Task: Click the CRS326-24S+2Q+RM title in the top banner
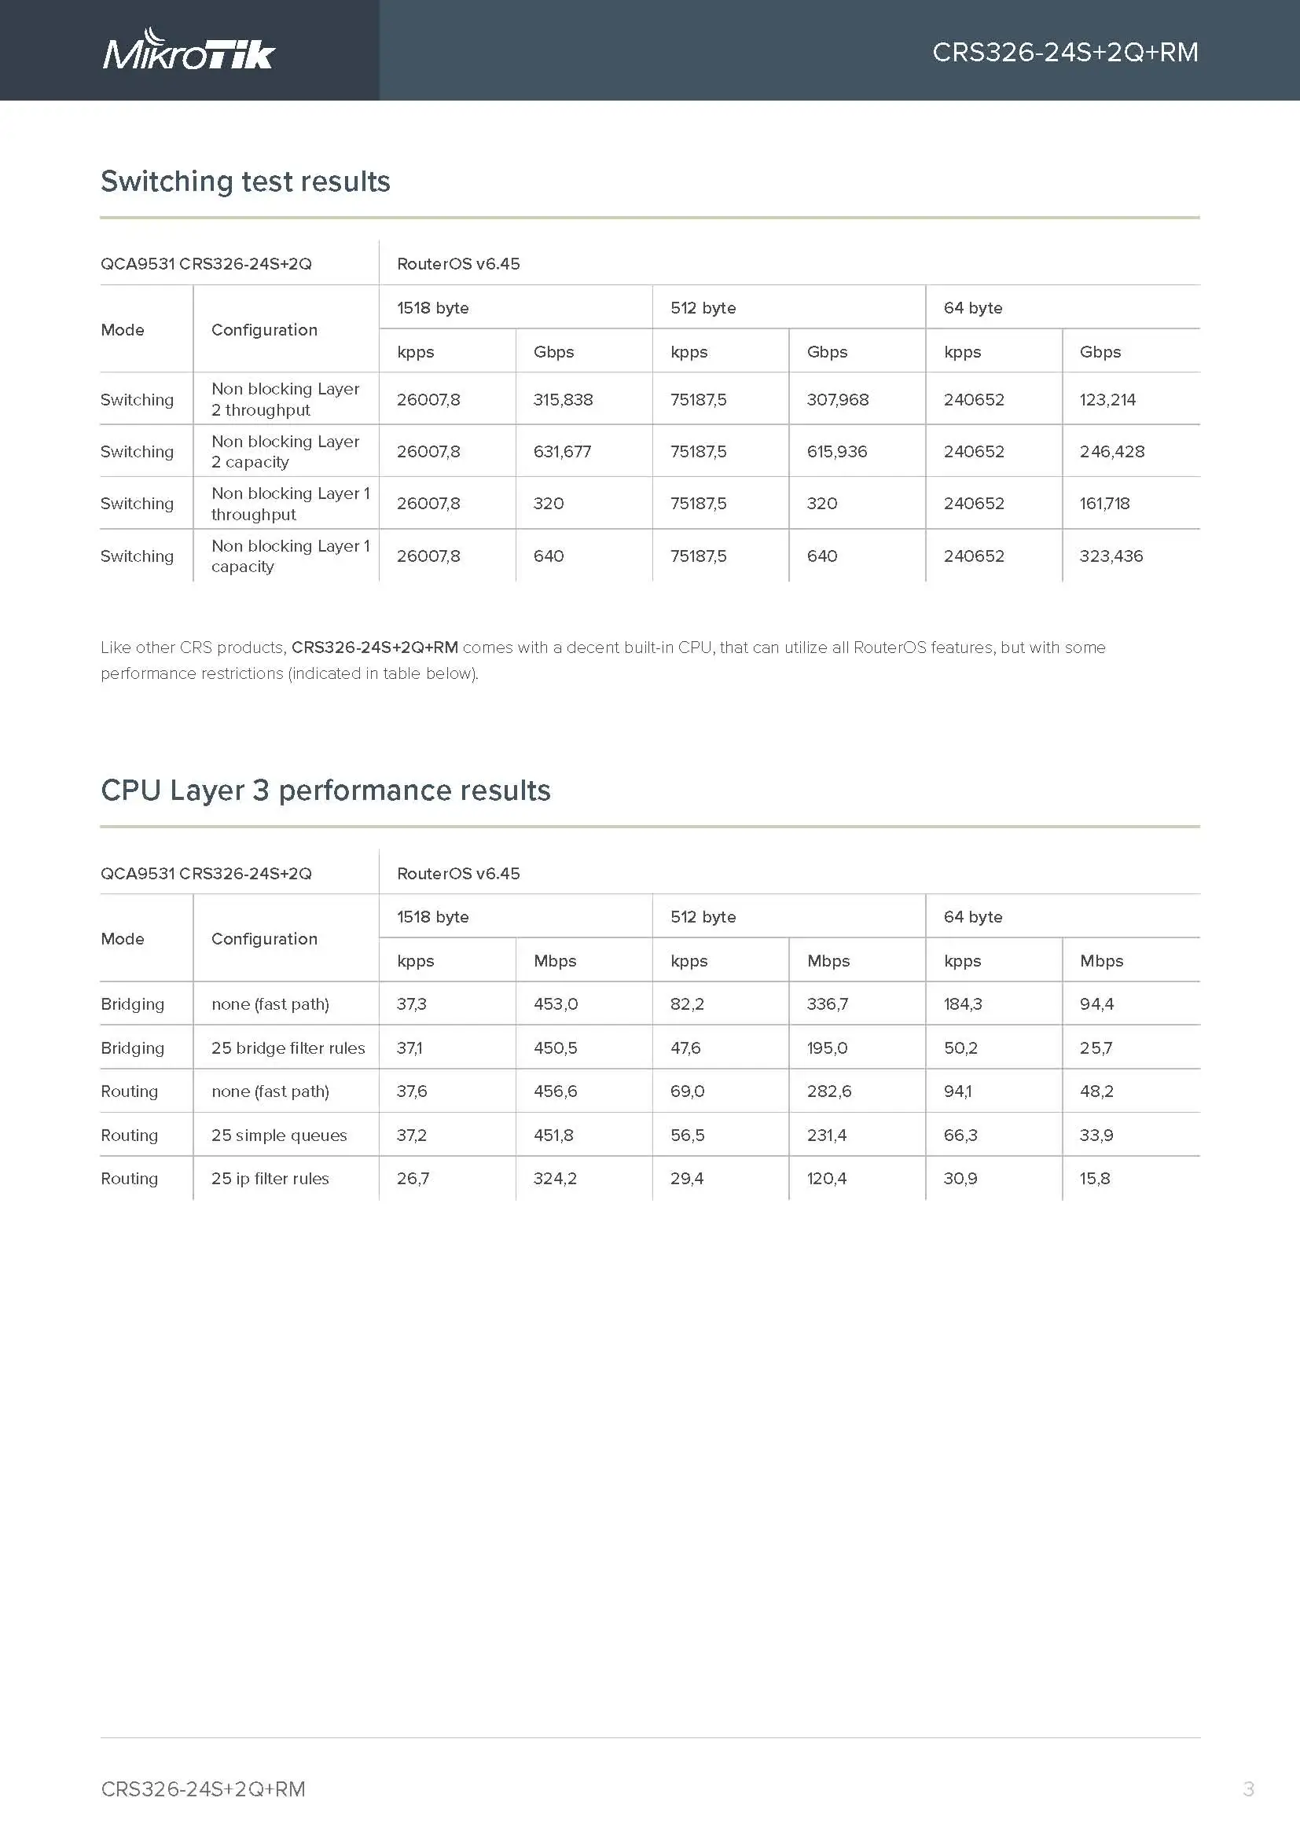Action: (x=1065, y=52)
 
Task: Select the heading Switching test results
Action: (x=245, y=182)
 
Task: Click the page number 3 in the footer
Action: (x=1248, y=1788)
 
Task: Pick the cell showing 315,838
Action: (x=563, y=399)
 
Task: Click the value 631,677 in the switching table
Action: (x=562, y=452)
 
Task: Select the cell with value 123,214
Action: (x=1107, y=399)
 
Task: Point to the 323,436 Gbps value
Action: (x=1111, y=556)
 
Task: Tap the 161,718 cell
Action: (x=1104, y=504)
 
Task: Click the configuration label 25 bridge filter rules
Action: (x=288, y=1048)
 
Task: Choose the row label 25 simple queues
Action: (x=278, y=1135)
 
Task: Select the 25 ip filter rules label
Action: (x=270, y=1179)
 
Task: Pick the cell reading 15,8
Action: (x=1094, y=1179)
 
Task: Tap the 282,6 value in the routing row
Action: (x=828, y=1091)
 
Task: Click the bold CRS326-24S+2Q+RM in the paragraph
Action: (x=375, y=647)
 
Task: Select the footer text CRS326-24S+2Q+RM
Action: (x=204, y=1789)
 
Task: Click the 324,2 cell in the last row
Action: (x=555, y=1179)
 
